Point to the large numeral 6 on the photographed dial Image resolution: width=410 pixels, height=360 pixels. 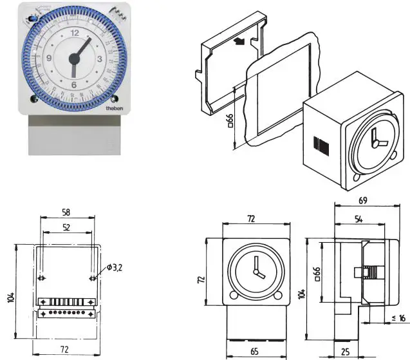pos(74,84)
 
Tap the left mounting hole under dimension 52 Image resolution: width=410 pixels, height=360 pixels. pos(42,278)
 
